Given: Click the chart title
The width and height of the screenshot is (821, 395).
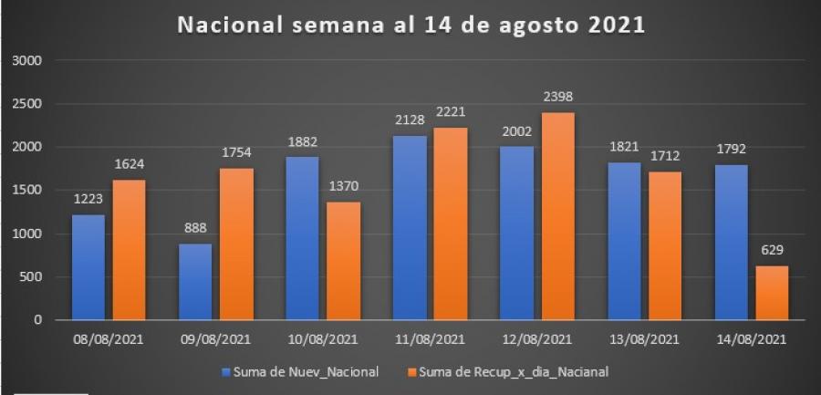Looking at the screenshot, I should click(x=410, y=26).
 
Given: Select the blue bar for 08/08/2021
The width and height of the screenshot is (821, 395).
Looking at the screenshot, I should click(x=88, y=267).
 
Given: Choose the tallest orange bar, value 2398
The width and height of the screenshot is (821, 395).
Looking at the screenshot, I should click(x=558, y=216).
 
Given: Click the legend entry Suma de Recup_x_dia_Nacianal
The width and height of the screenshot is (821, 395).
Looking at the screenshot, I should click(x=509, y=371).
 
